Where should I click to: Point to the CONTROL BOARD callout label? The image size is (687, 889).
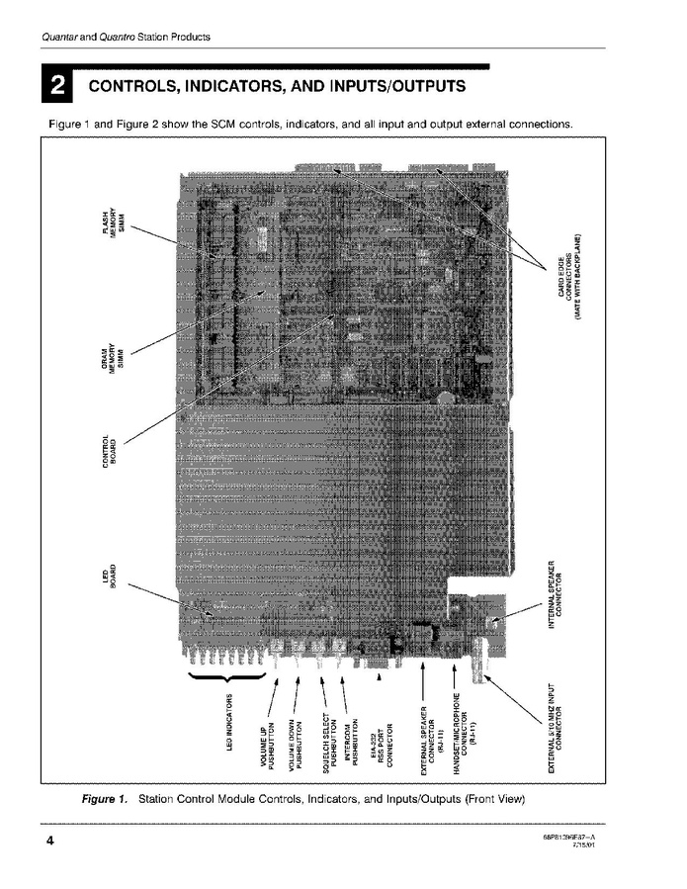[110, 454]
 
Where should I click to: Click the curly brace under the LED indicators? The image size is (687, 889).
[226, 676]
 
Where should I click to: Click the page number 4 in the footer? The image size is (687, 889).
[48, 841]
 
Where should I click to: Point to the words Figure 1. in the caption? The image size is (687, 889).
[104, 798]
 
